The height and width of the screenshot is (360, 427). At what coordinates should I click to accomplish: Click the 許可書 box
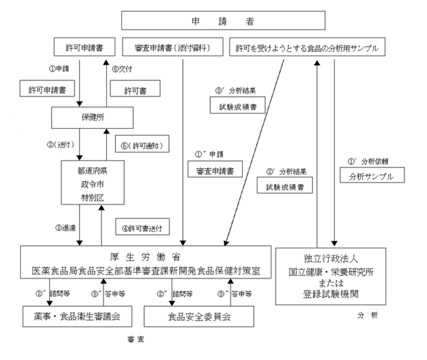(x=137, y=89)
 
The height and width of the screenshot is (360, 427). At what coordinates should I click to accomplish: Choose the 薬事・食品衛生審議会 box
(x=74, y=315)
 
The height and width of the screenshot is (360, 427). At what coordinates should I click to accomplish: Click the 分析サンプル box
(x=372, y=177)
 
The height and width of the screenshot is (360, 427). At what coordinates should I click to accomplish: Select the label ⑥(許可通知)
(x=141, y=145)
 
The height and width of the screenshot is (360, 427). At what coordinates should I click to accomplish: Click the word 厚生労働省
(x=145, y=258)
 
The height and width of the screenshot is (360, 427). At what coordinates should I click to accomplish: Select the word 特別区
(x=89, y=198)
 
